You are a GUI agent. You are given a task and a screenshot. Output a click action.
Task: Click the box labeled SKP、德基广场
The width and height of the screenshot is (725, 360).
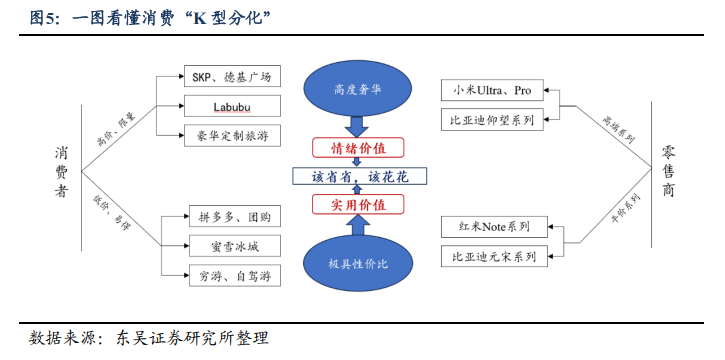[x=231, y=77]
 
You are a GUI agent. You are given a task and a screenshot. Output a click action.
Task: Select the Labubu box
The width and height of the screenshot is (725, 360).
[x=231, y=105]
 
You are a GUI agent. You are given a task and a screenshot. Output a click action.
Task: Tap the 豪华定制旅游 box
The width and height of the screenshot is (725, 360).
[x=231, y=134]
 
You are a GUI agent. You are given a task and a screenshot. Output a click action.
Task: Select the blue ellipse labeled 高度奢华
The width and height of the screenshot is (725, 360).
[x=358, y=87]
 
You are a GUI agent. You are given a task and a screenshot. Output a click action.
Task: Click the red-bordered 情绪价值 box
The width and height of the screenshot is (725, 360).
[x=358, y=148]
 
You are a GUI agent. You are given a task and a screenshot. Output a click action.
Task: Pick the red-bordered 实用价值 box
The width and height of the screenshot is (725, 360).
[x=358, y=205]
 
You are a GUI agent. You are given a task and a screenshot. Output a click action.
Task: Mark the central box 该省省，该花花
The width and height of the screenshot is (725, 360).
[x=358, y=176]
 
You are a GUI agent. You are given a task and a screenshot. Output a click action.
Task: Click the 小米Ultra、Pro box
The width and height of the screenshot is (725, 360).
[x=492, y=91]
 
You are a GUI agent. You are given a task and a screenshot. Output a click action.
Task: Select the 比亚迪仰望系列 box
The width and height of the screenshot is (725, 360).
[x=492, y=120]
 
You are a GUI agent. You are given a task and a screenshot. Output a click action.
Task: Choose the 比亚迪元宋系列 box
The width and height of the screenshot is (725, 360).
[x=492, y=257]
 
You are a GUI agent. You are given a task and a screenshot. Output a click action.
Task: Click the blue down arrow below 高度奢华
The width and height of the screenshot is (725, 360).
[x=358, y=127]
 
